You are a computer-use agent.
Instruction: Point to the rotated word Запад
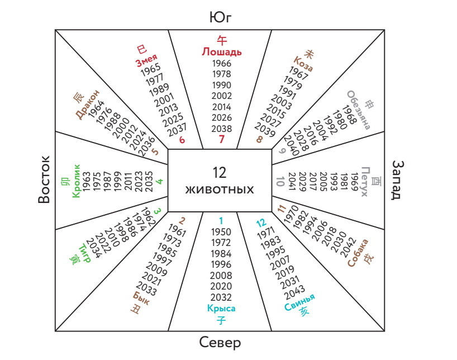398,180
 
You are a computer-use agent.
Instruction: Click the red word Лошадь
222,52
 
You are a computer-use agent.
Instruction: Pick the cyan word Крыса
221,309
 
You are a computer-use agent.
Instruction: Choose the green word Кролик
77,180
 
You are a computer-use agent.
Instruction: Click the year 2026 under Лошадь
222,117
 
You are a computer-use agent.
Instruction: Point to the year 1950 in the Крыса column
221,231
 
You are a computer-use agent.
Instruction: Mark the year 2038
222,128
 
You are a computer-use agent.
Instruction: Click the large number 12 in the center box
220,172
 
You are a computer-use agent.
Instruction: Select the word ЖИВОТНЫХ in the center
220,190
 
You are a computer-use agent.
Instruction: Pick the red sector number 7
222,139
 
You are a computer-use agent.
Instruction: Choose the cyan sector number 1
221,220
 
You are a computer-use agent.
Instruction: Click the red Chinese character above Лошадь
222,40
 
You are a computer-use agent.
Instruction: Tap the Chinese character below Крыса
221,320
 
